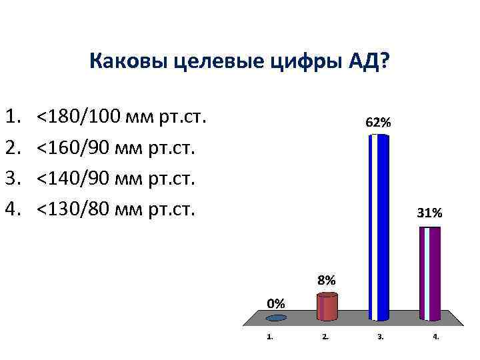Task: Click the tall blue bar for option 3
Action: coord(379,227)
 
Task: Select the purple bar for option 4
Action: coord(430,273)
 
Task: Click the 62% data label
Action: coord(379,123)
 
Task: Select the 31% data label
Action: coord(429,213)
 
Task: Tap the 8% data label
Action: coord(327,281)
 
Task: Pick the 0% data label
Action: coord(276,303)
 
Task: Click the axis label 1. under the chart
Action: coord(269,337)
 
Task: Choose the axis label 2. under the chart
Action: coord(325,337)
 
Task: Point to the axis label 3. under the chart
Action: coord(380,337)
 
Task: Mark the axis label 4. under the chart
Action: coord(435,337)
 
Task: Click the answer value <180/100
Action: coord(79,118)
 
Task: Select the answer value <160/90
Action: coord(73,149)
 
